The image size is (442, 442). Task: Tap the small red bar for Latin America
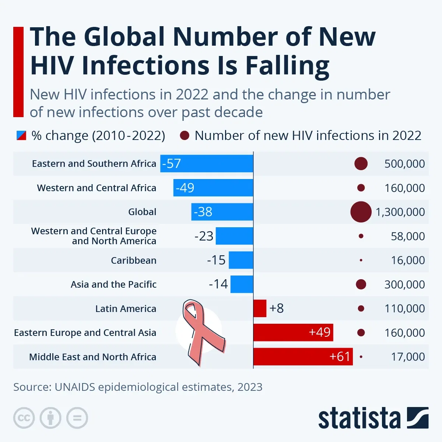260,308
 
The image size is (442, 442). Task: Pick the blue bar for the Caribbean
241,260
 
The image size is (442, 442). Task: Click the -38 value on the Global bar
203,212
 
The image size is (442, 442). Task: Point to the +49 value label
319,332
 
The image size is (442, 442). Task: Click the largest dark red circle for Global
361,212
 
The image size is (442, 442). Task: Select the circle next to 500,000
361,164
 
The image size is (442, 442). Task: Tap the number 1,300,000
400,212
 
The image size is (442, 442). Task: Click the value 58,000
408,236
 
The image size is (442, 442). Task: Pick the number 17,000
408,357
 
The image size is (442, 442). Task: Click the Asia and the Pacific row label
113,284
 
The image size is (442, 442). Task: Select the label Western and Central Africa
97,188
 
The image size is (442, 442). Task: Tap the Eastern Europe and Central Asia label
85,333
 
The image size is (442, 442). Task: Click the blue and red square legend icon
21,136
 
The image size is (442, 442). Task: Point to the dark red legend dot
185,136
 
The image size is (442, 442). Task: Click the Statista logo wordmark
359,418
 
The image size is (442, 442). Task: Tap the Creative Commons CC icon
24,418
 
